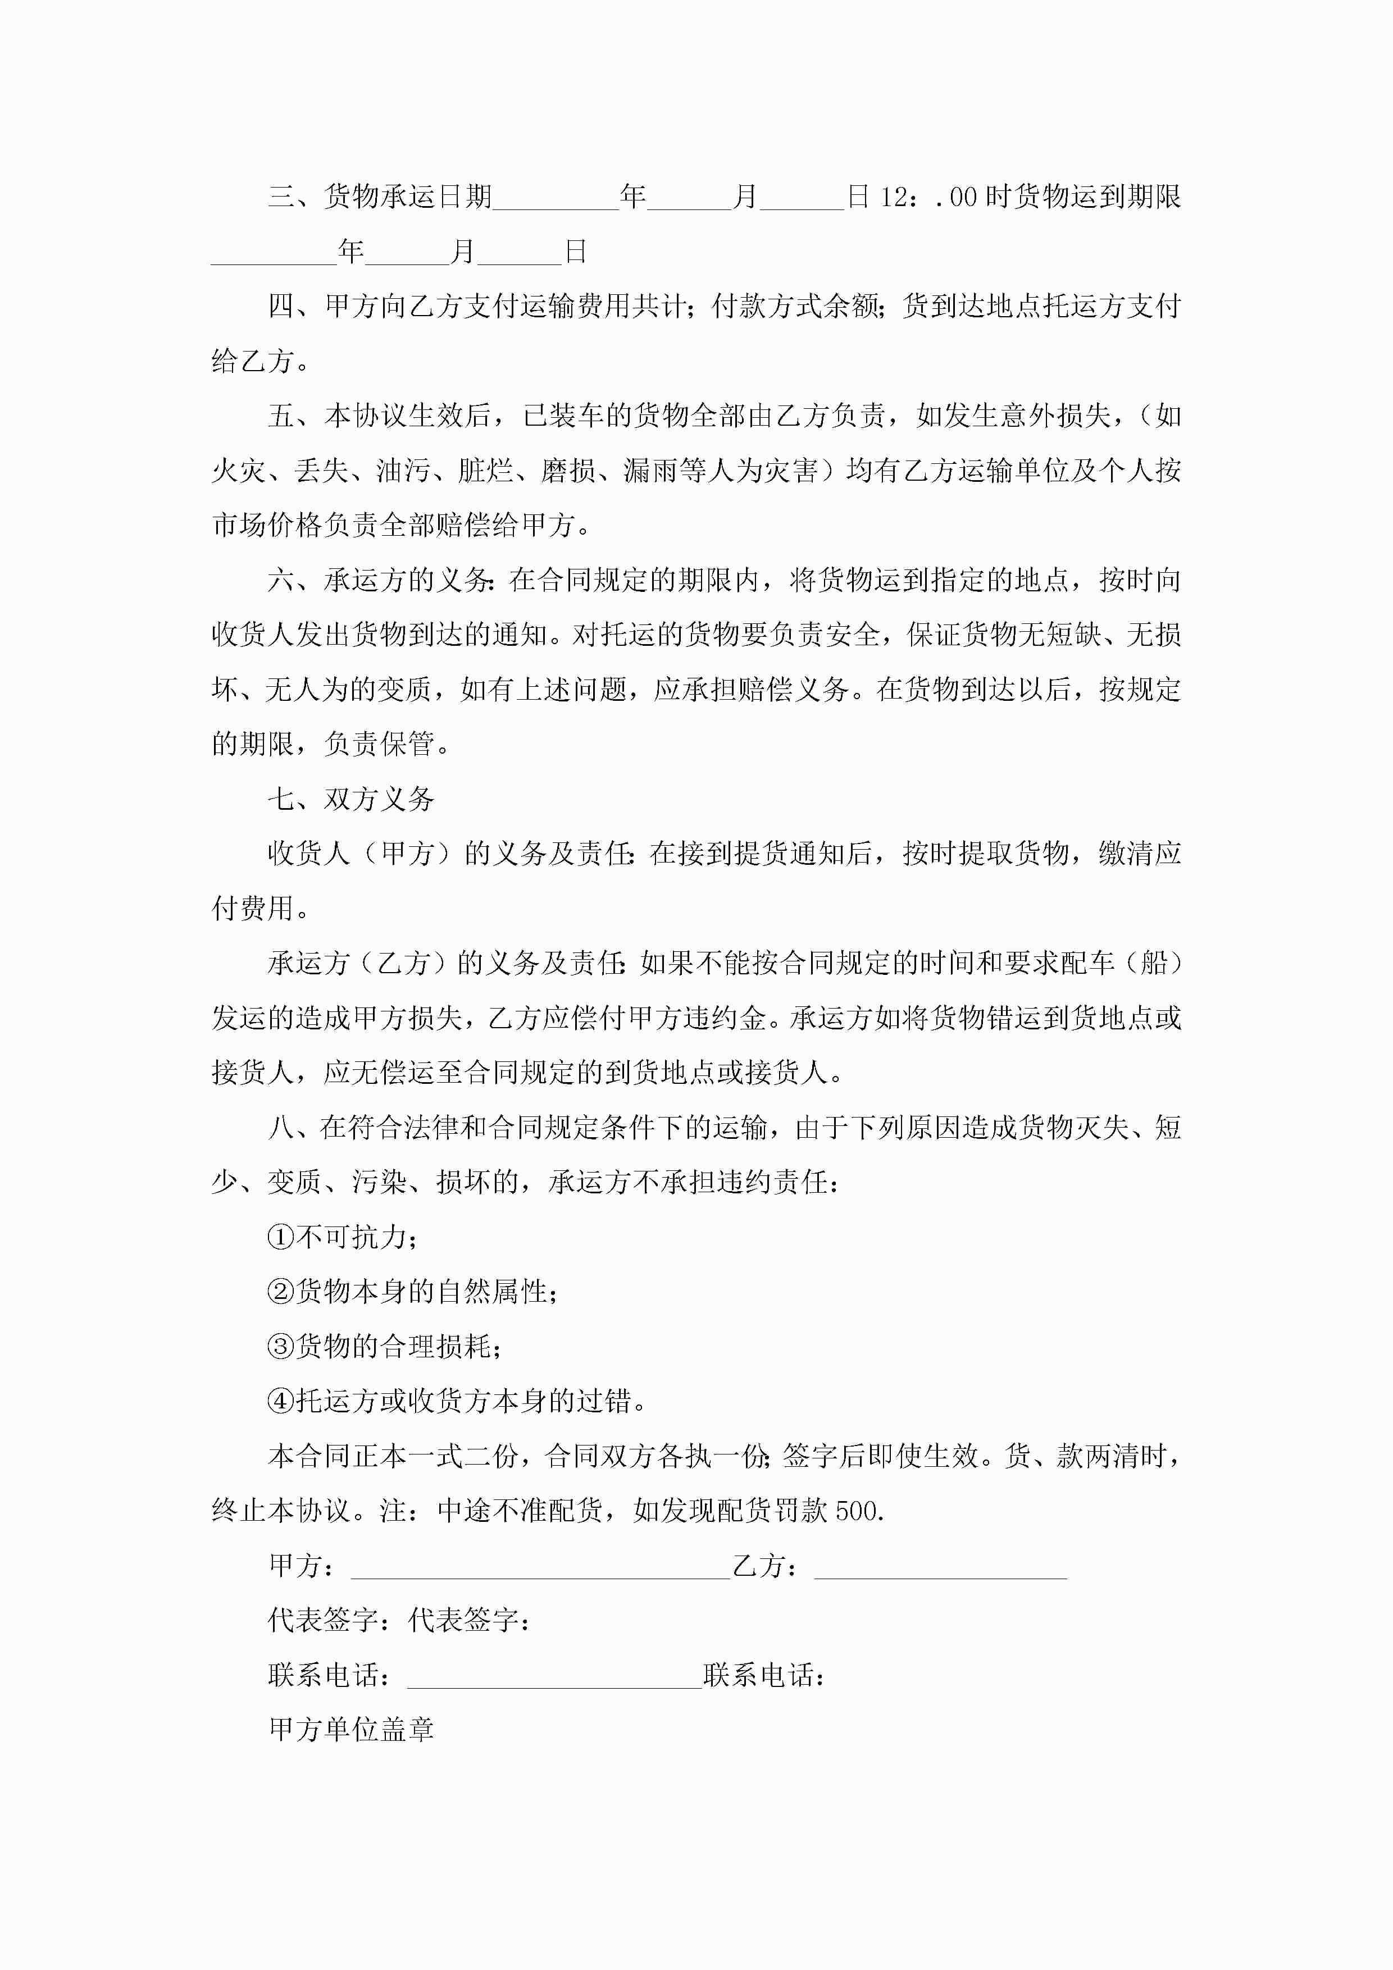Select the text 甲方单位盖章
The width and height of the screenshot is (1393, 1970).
[351, 1730]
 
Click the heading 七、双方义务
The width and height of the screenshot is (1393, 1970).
[351, 800]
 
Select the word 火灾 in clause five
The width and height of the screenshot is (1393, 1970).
[239, 471]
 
